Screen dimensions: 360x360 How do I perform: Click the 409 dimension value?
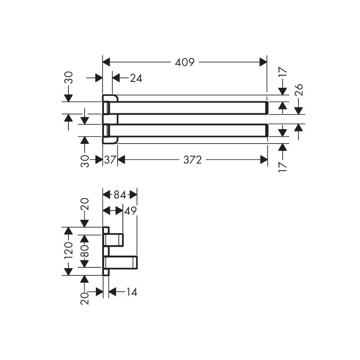(x=184, y=62)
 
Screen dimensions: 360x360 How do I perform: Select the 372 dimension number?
(x=193, y=160)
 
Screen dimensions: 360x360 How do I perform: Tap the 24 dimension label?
(x=136, y=78)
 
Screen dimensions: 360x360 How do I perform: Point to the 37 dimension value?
(x=109, y=160)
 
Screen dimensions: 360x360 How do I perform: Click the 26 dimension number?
(x=299, y=90)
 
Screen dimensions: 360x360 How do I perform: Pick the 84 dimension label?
(x=120, y=195)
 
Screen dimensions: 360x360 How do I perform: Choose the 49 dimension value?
(x=130, y=211)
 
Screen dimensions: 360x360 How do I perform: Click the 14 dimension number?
(x=132, y=292)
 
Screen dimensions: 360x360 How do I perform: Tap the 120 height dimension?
(x=68, y=251)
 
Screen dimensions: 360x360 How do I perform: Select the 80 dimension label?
(x=85, y=251)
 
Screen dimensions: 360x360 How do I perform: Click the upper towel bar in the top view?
(x=188, y=108)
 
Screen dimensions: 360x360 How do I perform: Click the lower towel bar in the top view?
(x=188, y=130)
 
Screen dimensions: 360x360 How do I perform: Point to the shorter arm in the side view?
(x=114, y=240)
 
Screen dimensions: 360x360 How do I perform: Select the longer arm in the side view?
(x=121, y=262)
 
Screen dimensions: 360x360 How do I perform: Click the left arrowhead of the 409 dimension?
(x=106, y=62)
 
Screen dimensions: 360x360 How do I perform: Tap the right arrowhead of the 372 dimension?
(x=264, y=160)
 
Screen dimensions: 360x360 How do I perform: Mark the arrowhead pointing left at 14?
(x=112, y=292)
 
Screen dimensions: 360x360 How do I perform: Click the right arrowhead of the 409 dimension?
(x=263, y=62)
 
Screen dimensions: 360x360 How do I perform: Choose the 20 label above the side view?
(x=85, y=204)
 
